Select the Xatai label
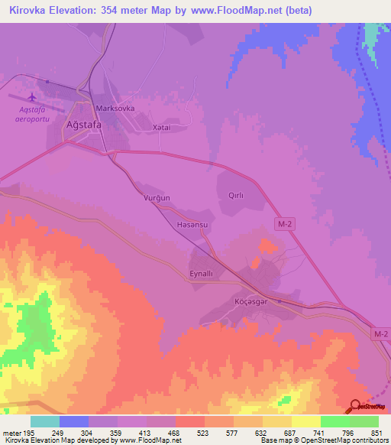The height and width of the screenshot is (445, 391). (160, 128)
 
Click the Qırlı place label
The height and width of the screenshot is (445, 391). (236, 196)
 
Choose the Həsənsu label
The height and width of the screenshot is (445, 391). (192, 226)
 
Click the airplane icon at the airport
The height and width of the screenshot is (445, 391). (31, 98)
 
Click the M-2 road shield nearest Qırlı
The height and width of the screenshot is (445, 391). (283, 222)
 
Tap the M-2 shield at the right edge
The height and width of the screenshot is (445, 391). (381, 334)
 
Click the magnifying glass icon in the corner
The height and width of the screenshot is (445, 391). (356, 407)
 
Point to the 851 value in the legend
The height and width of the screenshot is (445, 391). (374, 434)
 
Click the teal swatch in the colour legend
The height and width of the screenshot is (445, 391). (44, 421)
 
